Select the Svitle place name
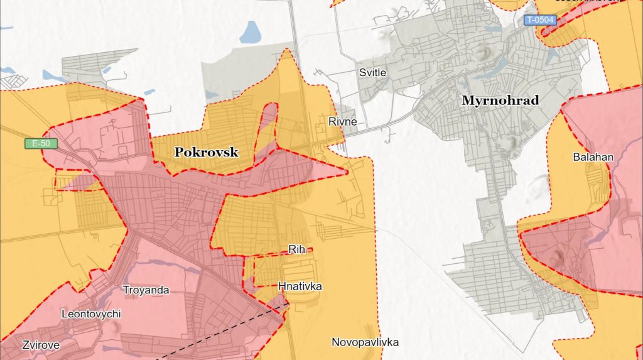click(372, 72)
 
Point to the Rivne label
click(342, 121)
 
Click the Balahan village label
click(593, 157)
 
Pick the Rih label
click(296, 249)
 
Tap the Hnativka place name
click(300, 286)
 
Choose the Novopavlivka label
click(365, 342)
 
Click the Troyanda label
click(146, 290)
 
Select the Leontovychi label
click(91, 314)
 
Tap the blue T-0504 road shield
click(540, 20)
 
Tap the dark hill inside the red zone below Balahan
click(557, 255)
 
